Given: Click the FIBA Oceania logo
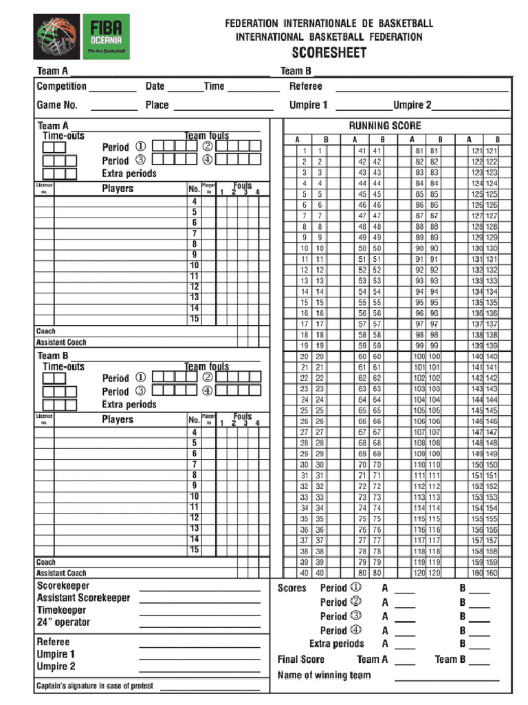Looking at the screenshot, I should pyautogui.click(x=82, y=38).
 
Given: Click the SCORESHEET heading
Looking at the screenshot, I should pyautogui.click(x=329, y=53).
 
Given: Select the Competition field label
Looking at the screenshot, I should pyautogui.click(x=62, y=87).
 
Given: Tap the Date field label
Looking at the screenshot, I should pyautogui.click(x=155, y=87).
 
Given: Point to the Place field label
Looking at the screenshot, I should pyautogui.click(x=157, y=105).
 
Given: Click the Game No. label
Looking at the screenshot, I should pyautogui.click(x=57, y=105).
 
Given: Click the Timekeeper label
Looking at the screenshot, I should pyautogui.click(x=61, y=610).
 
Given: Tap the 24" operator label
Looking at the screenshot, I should pyautogui.click(x=63, y=622).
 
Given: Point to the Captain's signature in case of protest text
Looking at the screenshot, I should pyautogui.click(x=95, y=686).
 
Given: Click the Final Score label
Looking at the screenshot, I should pyautogui.click(x=301, y=660).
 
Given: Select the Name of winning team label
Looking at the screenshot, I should pyautogui.click(x=324, y=675).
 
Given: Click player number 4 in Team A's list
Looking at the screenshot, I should pyautogui.click(x=195, y=201).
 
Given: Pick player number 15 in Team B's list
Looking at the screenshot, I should pyautogui.click(x=195, y=550).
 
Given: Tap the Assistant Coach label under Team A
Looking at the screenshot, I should pyautogui.click(x=61, y=342).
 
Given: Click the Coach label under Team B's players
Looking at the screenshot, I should pyautogui.click(x=46, y=562).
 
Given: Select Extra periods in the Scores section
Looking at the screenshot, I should pyautogui.click(x=336, y=644).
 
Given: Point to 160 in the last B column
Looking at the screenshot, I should pyautogui.click(x=492, y=573).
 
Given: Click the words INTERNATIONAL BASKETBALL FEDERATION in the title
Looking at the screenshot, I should pyautogui.click(x=329, y=36).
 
